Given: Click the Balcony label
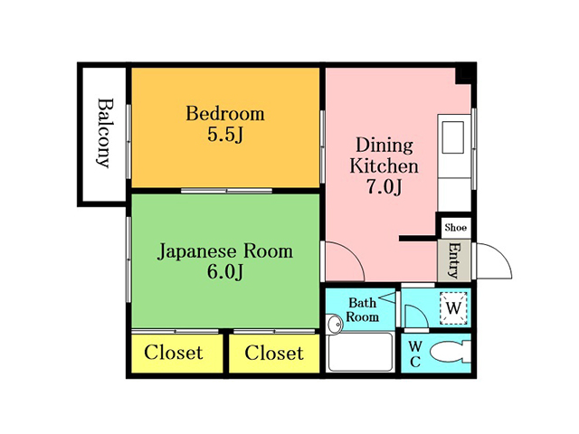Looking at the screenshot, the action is click(103, 133).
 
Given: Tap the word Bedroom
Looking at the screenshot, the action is click(225, 113).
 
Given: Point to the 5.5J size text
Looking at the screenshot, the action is click(225, 135).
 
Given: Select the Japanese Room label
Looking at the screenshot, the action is click(225, 251).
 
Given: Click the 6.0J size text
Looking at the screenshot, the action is click(225, 272).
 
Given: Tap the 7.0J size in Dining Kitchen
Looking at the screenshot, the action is click(384, 187).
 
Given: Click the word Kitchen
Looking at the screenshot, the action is click(384, 166).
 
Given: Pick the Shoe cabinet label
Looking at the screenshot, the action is click(456, 227).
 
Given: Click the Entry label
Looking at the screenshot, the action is click(454, 259).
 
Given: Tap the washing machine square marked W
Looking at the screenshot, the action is click(454, 307).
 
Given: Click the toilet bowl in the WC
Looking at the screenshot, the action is click(451, 353).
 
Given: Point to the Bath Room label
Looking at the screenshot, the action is click(362, 310).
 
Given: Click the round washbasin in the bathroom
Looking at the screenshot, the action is click(335, 325).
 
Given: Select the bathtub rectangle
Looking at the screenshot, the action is click(361, 352).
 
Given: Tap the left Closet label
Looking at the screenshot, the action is click(174, 353).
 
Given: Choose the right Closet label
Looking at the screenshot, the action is click(274, 353).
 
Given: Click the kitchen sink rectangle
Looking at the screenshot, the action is click(452, 137).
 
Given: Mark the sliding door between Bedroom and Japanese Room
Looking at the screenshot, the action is click(226, 191).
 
